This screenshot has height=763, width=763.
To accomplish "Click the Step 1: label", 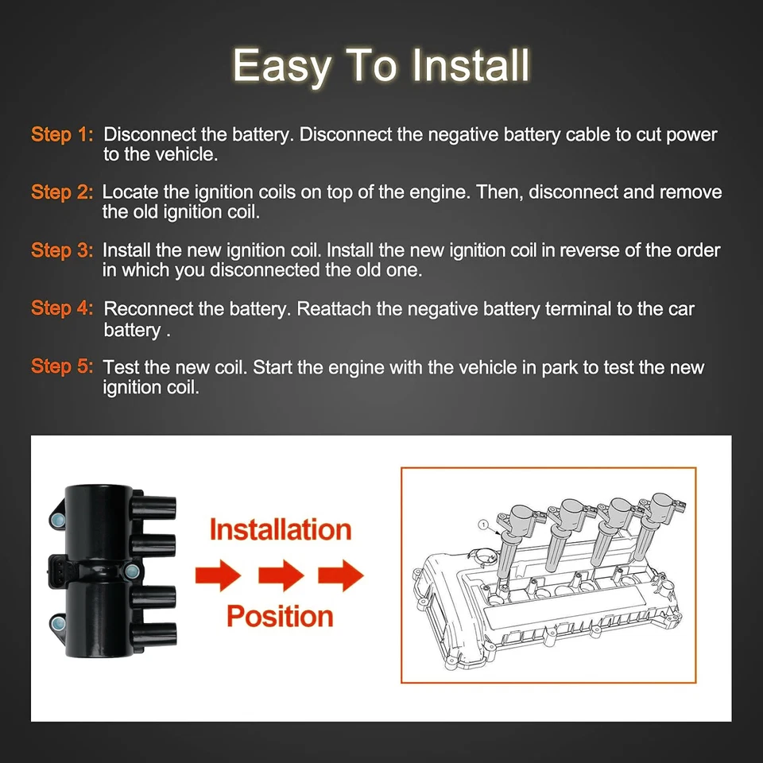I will (x=62, y=134).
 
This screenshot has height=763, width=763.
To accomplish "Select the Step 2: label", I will (x=62, y=192).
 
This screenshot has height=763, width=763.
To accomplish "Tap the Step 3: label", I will (x=62, y=250).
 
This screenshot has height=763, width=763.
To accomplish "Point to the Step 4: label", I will (x=62, y=308).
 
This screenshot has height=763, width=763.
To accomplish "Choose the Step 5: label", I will (x=62, y=366).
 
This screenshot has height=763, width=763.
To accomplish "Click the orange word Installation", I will (x=280, y=529).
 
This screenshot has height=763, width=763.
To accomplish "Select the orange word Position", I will (x=280, y=616).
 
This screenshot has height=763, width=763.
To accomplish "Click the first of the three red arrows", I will (x=218, y=574).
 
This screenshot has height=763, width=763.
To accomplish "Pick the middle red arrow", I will (x=281, y=574).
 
